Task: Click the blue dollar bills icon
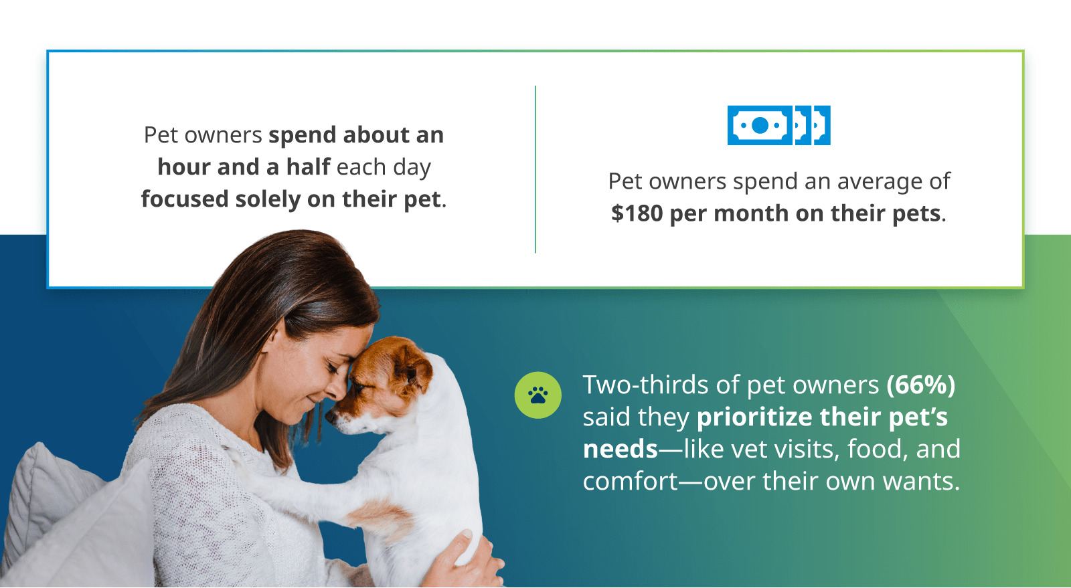pyautogui.click(x=779, y=125)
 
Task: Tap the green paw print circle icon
pyautogui.click(x=538, y=395)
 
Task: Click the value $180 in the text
pyautogui.click(x=637, y=213)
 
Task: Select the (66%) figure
pyautogui.click(x=921, y=385)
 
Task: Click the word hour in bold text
pyautogui.click(x=185, y=167)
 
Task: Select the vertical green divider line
pyautogui.click(x=535, y=169)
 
